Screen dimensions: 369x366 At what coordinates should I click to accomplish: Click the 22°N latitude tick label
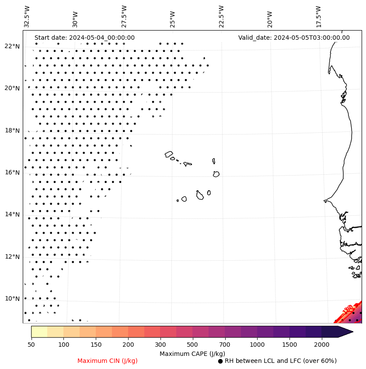(11, 46)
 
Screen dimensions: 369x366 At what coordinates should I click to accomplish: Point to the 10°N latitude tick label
(11, 299)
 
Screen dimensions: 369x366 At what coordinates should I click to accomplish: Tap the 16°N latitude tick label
(11, 172)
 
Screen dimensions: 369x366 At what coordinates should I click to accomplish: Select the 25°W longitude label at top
(173, 17)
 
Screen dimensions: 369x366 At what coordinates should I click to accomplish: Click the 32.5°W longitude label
(27, 17)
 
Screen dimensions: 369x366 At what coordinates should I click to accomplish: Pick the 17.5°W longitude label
(318, 17)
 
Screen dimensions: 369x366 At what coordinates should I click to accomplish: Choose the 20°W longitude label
(270, 17)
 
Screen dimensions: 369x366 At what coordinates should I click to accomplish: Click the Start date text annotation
(84, 38)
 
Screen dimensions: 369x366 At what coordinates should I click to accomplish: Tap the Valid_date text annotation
(294, 38)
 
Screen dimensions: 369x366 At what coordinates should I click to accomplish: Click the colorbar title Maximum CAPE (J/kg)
(192, 354)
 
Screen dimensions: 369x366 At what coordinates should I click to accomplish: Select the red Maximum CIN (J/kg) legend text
(108, 361)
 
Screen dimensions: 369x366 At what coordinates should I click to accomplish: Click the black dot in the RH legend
(220, 361)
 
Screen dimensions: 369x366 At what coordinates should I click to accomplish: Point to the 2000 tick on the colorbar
(322, 345)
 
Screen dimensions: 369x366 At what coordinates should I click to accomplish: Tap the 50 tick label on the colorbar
(31, 345)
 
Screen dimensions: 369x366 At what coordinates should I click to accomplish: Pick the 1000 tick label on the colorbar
(257, 345)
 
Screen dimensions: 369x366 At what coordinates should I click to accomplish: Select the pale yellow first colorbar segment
(39, 331)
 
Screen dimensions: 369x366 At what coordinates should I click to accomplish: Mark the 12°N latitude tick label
(11, 257)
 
